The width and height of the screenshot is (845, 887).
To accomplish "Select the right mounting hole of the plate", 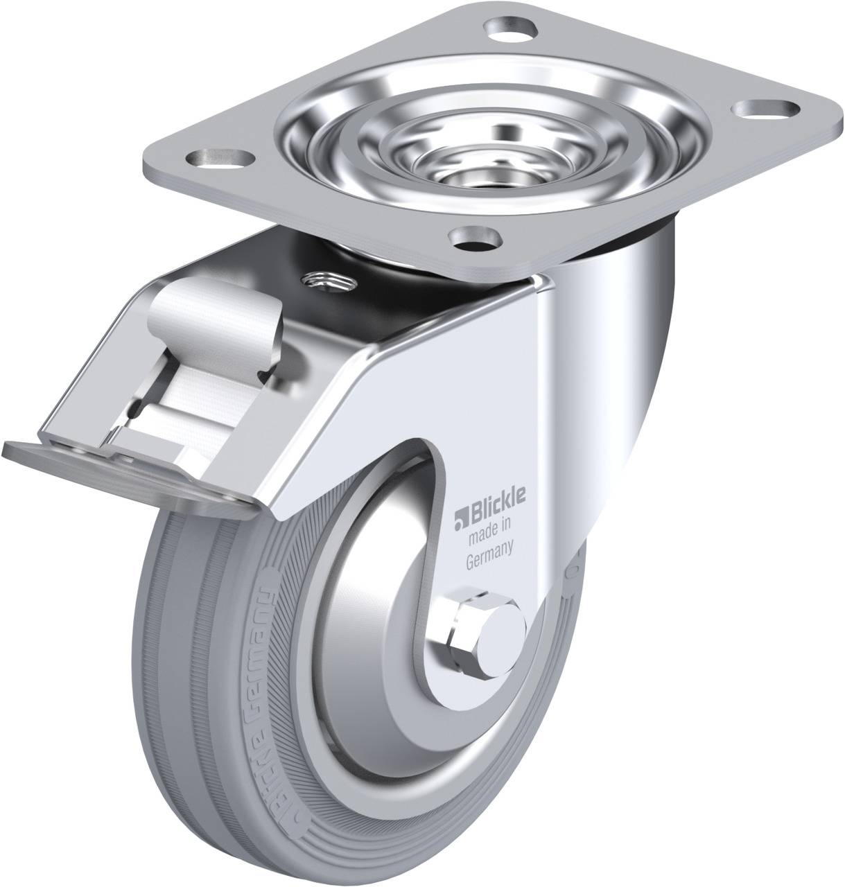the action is (x=765, y=109).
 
